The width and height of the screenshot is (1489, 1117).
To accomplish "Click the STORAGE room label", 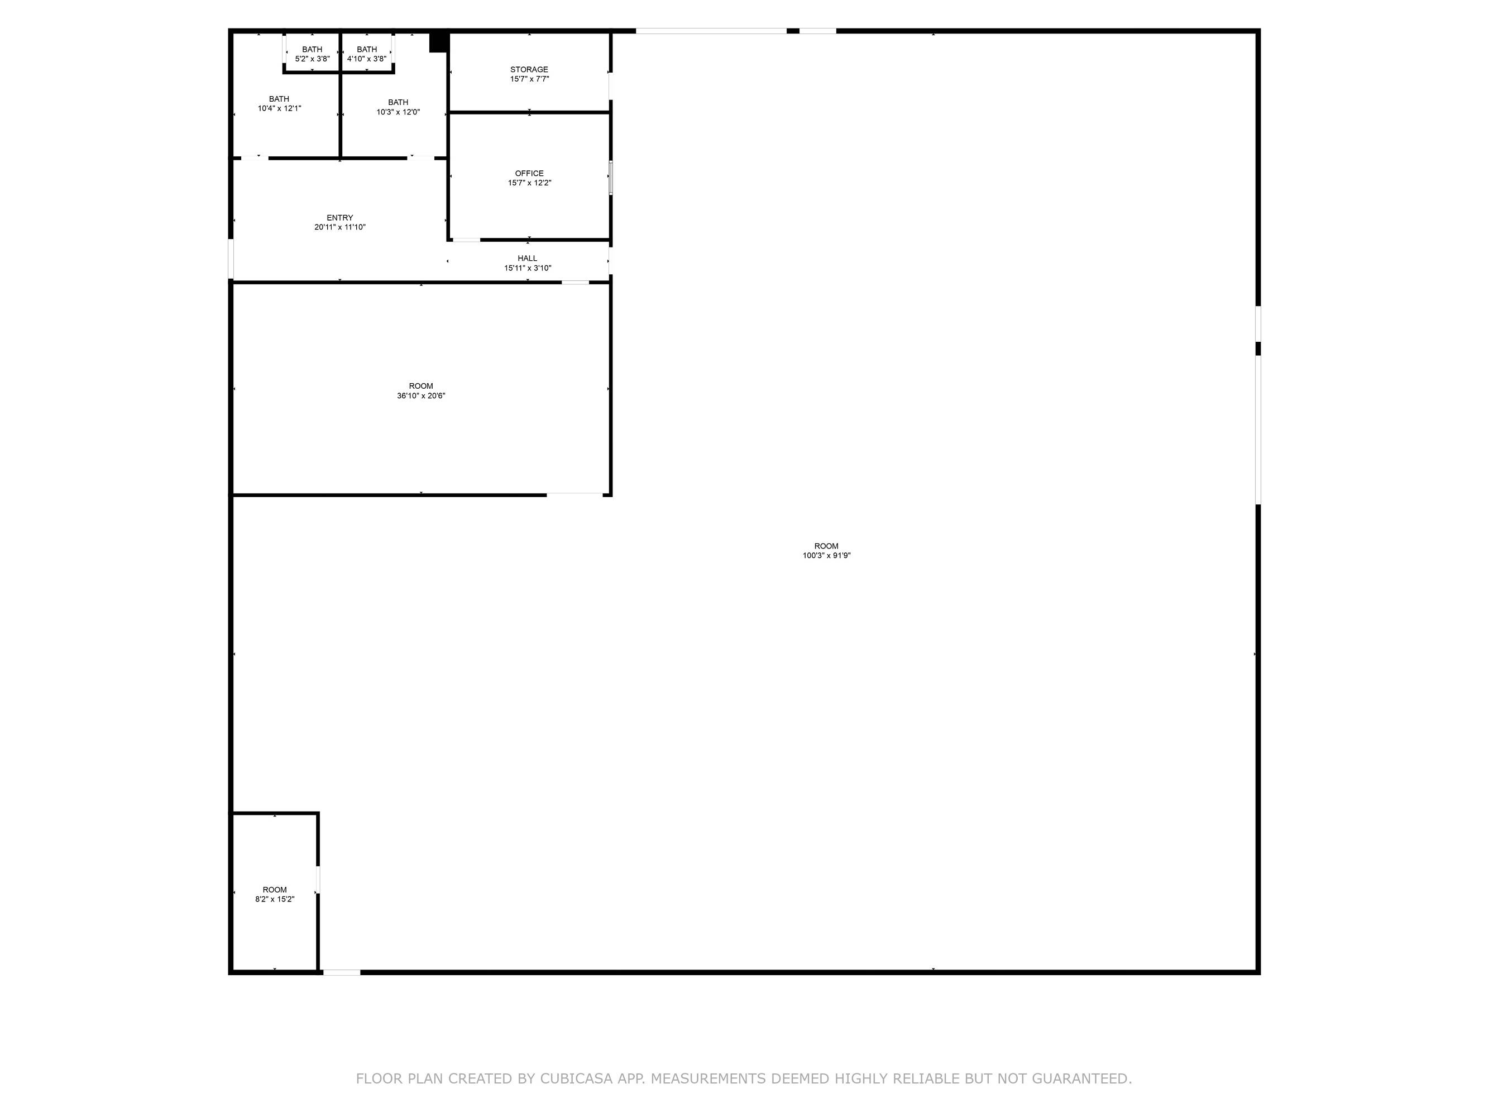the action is coord(529,69).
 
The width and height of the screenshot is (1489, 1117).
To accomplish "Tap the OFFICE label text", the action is coord(529,174).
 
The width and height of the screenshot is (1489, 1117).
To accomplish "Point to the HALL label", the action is coord(528,259).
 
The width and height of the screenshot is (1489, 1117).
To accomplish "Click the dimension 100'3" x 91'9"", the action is coord(827,556).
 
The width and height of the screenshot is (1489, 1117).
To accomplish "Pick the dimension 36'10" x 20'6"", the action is coord(422,396).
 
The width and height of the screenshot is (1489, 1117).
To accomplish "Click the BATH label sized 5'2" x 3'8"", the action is coord(312,49).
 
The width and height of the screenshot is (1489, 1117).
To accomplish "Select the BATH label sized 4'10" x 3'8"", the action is coord(367,49).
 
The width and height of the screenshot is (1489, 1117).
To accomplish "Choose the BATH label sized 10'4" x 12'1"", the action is coord(279,99).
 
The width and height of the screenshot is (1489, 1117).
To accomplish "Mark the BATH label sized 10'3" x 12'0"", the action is coord(398,102).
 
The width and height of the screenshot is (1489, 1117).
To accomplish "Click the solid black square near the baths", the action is coord(439,42).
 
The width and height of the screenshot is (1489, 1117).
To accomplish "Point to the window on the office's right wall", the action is coord(611,178).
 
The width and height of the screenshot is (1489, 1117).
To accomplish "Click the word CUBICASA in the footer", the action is coord(576,1078).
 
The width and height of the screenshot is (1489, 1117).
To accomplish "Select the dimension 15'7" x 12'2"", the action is coord(530,183).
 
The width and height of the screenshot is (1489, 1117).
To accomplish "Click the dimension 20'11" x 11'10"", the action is coord(340,227).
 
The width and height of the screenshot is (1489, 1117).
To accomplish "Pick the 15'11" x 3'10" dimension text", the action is coord(528,268).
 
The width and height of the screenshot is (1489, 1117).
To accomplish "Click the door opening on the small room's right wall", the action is coord(318,879).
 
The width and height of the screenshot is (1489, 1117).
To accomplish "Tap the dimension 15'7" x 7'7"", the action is coord(530,79).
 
